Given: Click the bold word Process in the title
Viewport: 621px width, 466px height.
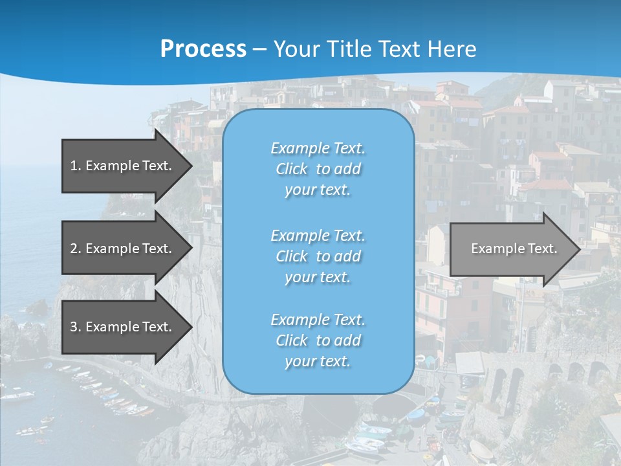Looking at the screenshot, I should click(203, 49).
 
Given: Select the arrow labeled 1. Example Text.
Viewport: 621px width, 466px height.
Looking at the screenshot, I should click(121, 166).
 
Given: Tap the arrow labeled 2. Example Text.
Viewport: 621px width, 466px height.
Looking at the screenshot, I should click(121, 249).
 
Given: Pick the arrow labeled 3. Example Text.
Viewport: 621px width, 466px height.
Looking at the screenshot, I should click(121, 327).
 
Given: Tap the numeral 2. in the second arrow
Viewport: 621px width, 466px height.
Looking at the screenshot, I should click(75, 249).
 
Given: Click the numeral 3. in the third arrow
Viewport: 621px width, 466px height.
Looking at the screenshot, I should click(75, 327).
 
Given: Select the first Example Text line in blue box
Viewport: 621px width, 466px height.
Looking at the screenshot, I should click(318, 148).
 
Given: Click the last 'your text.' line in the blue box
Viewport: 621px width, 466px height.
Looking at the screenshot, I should click(318, 361).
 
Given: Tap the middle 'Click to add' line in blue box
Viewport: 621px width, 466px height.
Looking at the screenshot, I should click(318, 256).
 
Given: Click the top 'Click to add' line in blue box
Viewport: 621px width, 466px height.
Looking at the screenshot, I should click(318, 169).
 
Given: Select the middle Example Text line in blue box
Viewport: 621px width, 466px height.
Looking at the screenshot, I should click(318, 235).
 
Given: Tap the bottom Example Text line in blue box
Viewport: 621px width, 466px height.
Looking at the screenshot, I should click(318, 320).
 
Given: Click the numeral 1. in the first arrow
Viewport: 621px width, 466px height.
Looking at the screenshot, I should click(75, 166).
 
